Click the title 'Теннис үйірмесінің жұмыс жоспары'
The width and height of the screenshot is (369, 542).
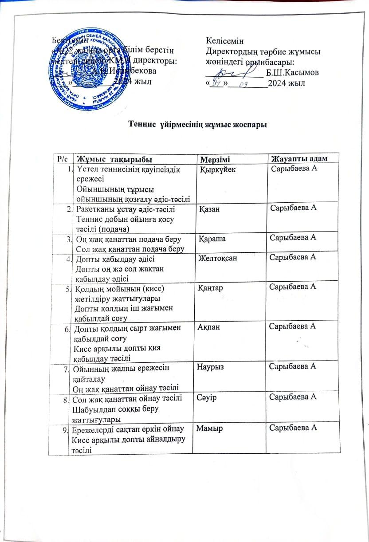pos(197,124)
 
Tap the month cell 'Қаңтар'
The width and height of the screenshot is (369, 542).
pos(212,288)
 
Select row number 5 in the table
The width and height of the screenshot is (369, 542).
pos(67,289)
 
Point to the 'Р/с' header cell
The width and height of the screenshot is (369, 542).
pos(62,159)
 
